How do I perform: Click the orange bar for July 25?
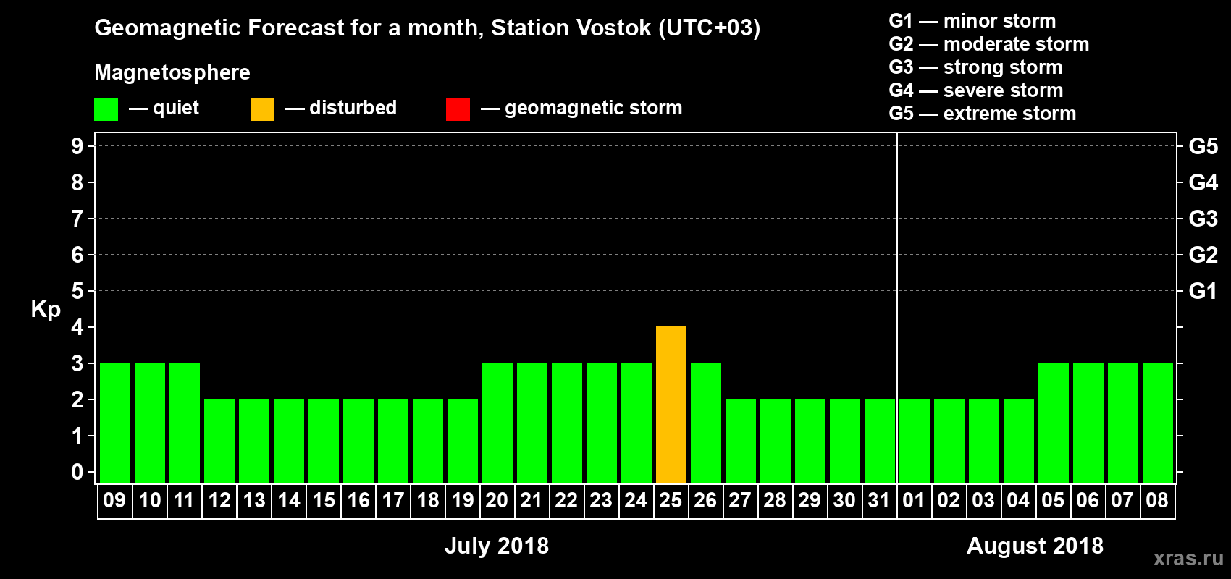[x=671, y=405]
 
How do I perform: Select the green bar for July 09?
[x=115, y=423]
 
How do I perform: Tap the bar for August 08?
[x=1158, y=423]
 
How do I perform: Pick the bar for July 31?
[x=880, y=441]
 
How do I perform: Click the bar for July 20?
[x=497, y=423]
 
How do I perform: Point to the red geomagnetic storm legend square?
[x=458, y=109]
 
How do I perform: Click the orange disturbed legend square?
[x=262, y=109]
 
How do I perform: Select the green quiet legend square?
[x=106, y=109]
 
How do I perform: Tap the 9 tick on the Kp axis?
[x=77, y=146]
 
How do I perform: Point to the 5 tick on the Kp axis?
[x=77, y=291]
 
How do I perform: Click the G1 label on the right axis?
[x=1203, y=291]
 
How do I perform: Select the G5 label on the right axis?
[x=1203, y=146]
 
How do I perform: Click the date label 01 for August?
[x=914, y=500]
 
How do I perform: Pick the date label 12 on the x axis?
[x=219, y=500]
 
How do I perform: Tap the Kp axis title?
[x=46, y=310]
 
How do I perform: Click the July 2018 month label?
[x=497, y=546]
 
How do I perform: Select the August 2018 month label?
[x=1035, y=546]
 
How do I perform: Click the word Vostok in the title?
[x=608, y=28]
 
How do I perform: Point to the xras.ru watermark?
[x=1188, y=558]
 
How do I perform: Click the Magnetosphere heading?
[x=172, y=72]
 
